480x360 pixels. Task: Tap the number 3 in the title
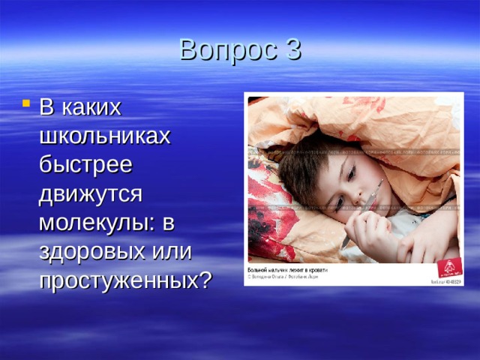(293, 49)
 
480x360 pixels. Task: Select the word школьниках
(105, 136)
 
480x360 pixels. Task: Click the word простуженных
(118, 280)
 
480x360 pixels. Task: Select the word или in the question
(172, 251)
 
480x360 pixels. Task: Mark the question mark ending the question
(204, 280)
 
